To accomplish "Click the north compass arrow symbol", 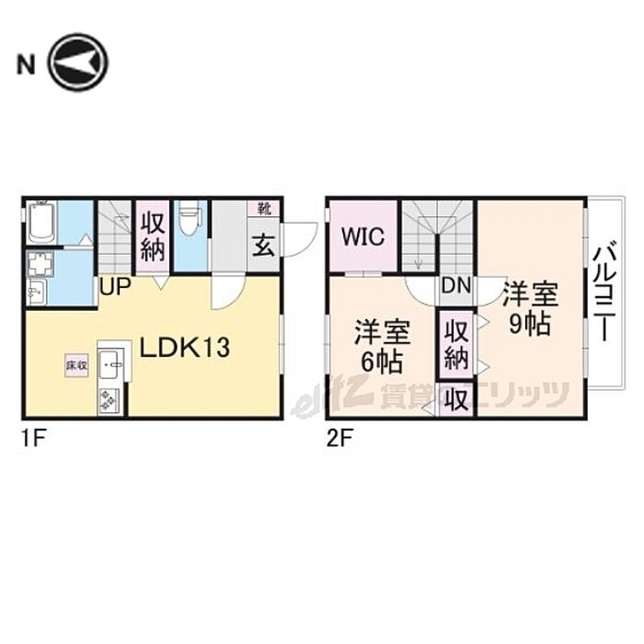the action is pyautogui.click(x=79, y=63).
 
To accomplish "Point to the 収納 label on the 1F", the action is pyautogui.click(x=153, y=236).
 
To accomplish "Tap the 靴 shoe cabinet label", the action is pyautogui.click(x=263, y=209).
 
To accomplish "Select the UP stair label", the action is pyautogui.click(x=115, y=286).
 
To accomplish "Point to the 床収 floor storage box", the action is pyautogui.click(x=76, y=365).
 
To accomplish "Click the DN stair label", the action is pyautogui.click(x=455, y=286).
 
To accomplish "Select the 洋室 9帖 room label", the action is pyautogui.click(x=529, y=308).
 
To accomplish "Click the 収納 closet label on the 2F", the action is pyautogui.click(x=455, y=343).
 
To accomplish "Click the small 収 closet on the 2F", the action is pyautogui.click(x=455, y=399).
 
